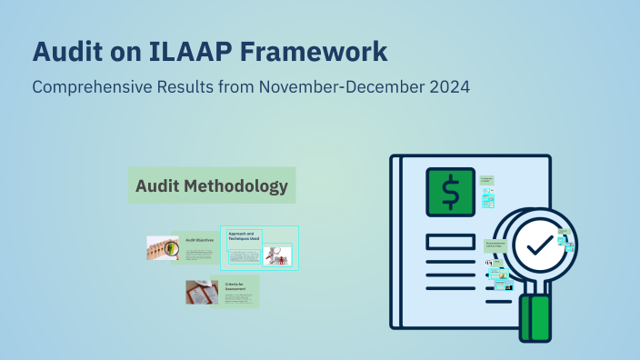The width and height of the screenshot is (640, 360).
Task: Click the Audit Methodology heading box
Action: (212, 186)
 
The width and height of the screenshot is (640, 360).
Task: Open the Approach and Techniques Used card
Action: (244, 238)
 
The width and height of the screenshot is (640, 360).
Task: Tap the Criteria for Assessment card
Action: (235, 291)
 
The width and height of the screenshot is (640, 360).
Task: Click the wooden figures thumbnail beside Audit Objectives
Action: (163, 248)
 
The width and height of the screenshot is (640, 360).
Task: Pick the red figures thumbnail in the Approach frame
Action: (277, 255)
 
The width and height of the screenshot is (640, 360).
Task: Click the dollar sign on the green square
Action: (450, 192)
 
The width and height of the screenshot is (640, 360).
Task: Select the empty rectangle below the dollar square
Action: (449, 242)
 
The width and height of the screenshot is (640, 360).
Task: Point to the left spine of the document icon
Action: (395, 241)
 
